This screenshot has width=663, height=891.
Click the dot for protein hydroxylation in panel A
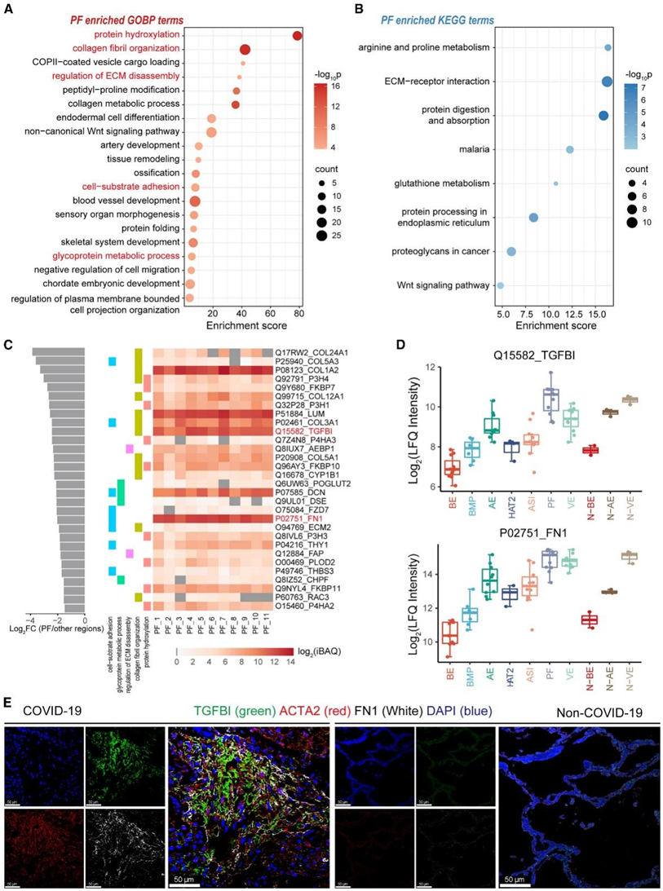point(298,35)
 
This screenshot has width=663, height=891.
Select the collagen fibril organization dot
point(245,50)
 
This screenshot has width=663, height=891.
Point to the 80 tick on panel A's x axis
point(298,313)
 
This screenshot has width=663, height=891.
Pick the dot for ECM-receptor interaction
point(607,82)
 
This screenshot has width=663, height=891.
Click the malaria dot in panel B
point(570,149)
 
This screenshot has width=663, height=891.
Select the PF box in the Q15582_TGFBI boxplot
point(552,401)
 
